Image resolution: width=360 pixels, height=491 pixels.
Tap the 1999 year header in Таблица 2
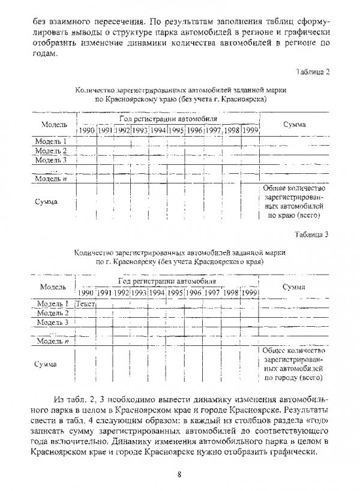251,131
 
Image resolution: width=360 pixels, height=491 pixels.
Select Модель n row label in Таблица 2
50,179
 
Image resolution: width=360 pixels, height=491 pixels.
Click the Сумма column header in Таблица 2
293,124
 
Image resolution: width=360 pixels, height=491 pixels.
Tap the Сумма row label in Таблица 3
46,364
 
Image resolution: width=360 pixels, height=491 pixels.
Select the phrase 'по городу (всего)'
293,378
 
